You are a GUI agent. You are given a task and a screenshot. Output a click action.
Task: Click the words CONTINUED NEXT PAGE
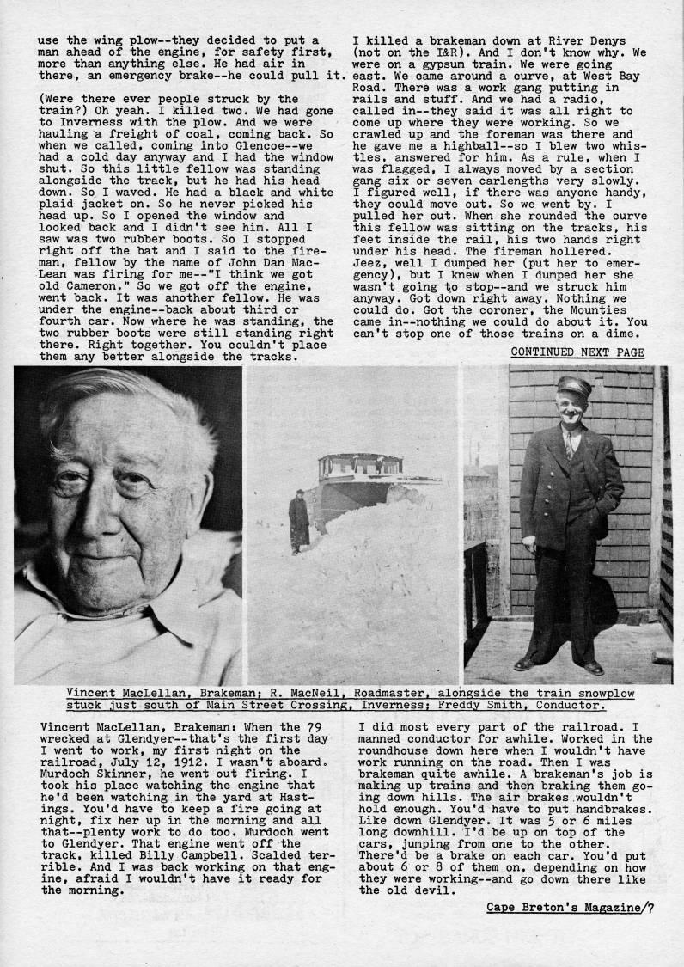point(577,352)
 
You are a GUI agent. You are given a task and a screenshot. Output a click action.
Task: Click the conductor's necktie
point(568,445)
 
